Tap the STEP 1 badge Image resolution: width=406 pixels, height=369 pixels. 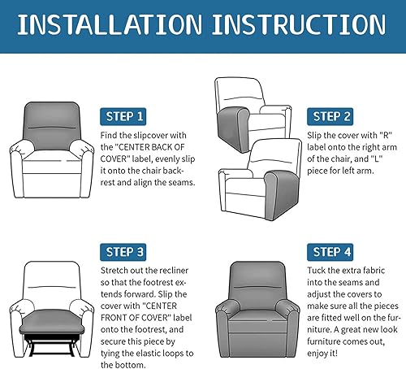click(124, 116)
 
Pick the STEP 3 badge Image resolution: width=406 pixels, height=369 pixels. click(124, 251)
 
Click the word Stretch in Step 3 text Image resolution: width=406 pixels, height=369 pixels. click(115, 270)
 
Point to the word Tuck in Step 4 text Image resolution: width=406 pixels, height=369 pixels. click(317, 270)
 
